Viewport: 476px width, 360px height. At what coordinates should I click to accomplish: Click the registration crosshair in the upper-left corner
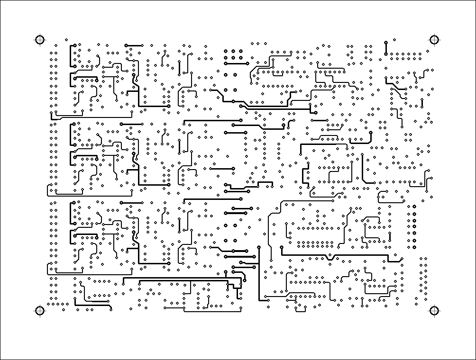[x=39, y=40]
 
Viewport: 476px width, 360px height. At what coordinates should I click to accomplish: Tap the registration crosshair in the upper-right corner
[x=433, y=40]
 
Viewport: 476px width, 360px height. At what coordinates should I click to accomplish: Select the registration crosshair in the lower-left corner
[x=39, y=311]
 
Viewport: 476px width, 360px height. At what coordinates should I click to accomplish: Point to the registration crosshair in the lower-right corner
[x=433, y=311]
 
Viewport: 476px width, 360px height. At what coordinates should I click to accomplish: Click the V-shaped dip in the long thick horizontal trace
[x=330, y=258]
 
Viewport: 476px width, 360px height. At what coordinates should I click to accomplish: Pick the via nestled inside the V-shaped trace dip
[x=330, y=255]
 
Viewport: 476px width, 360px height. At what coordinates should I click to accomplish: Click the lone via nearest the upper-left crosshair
[x=66, y=39]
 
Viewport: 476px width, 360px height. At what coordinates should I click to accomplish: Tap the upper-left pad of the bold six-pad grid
[x=226, y=50]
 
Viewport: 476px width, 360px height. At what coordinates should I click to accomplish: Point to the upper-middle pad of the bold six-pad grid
[x=234, y=50]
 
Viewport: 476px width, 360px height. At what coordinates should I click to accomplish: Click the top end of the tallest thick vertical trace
[x=259, y=247]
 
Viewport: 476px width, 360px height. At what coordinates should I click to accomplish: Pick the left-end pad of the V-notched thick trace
[x=282, y=247]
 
